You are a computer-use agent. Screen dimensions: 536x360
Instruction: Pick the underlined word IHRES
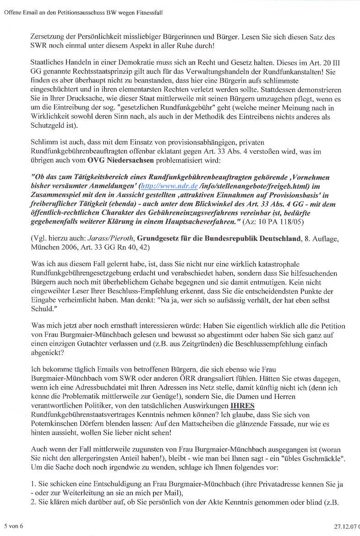(242, 406)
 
